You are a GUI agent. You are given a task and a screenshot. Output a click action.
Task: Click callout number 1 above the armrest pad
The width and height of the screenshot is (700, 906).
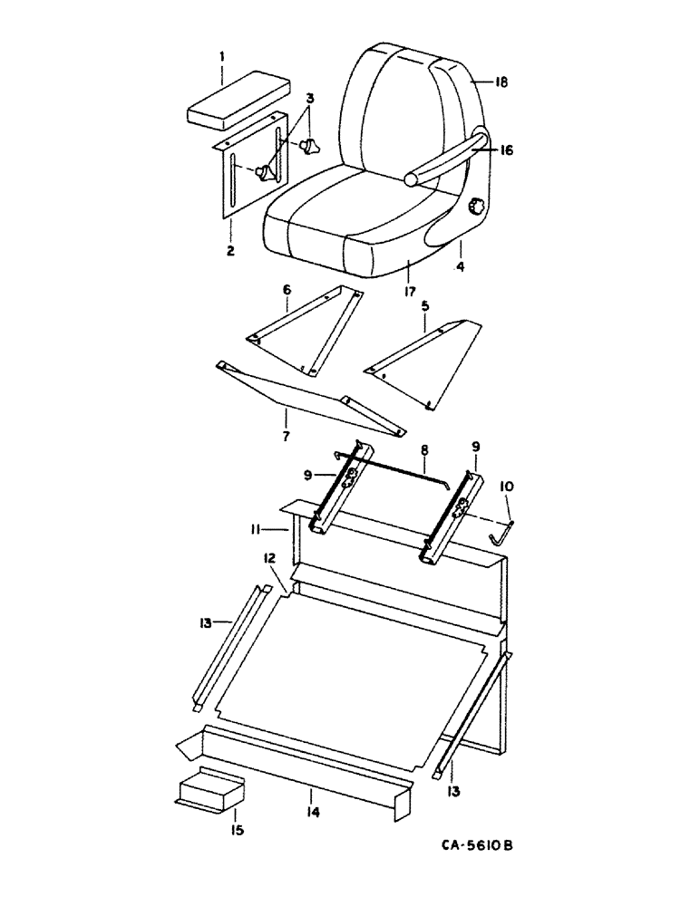pos(221,56)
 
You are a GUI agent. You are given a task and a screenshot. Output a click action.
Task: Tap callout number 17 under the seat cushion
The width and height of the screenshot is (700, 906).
pos(410,293)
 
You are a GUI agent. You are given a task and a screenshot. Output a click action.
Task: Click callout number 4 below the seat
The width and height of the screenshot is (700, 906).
pos(461,268)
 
